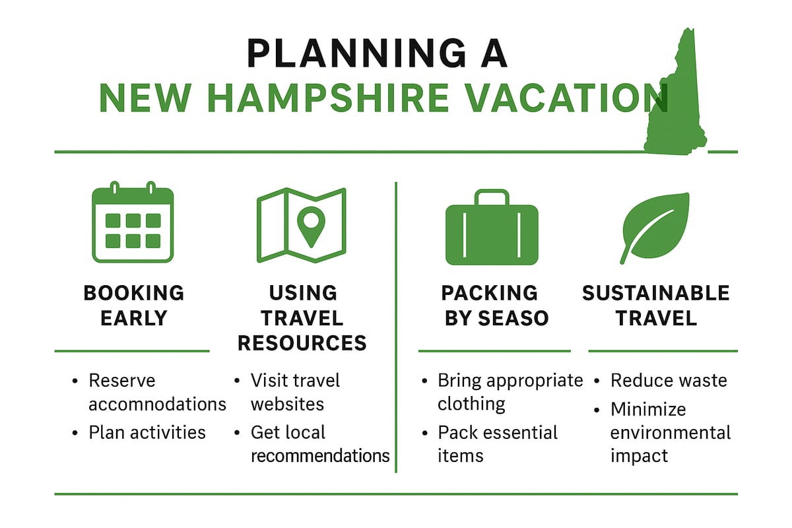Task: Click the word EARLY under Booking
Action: click(133, 318)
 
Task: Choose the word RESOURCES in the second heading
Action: click(302, 343)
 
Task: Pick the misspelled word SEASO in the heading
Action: click(514, 318)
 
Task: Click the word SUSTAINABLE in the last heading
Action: click(655, 293)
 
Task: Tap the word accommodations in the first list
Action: click(157, 404)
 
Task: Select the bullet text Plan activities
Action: click(147, 432)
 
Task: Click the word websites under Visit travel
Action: click(287, 404)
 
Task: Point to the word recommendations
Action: click(320, 455)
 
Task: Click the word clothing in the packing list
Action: click(471, 404)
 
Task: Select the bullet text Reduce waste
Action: click(668, 381)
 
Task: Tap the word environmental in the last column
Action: click(670, 433)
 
